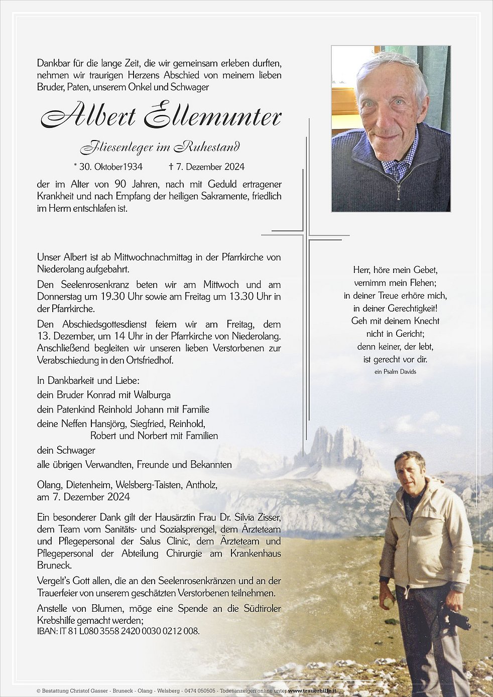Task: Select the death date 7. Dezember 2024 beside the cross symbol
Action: [x=210, y=167]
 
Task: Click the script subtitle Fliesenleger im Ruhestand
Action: [x=160, y=147]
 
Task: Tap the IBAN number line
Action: [x=118, y=631]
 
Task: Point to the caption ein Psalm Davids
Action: [x=395, y=372]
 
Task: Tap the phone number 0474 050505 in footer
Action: [x=199, y=691]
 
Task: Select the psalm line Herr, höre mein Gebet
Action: [x=395, y=270]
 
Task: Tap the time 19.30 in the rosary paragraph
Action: [x=109, y=297]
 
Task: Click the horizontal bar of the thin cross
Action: [x=305, y=234]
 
